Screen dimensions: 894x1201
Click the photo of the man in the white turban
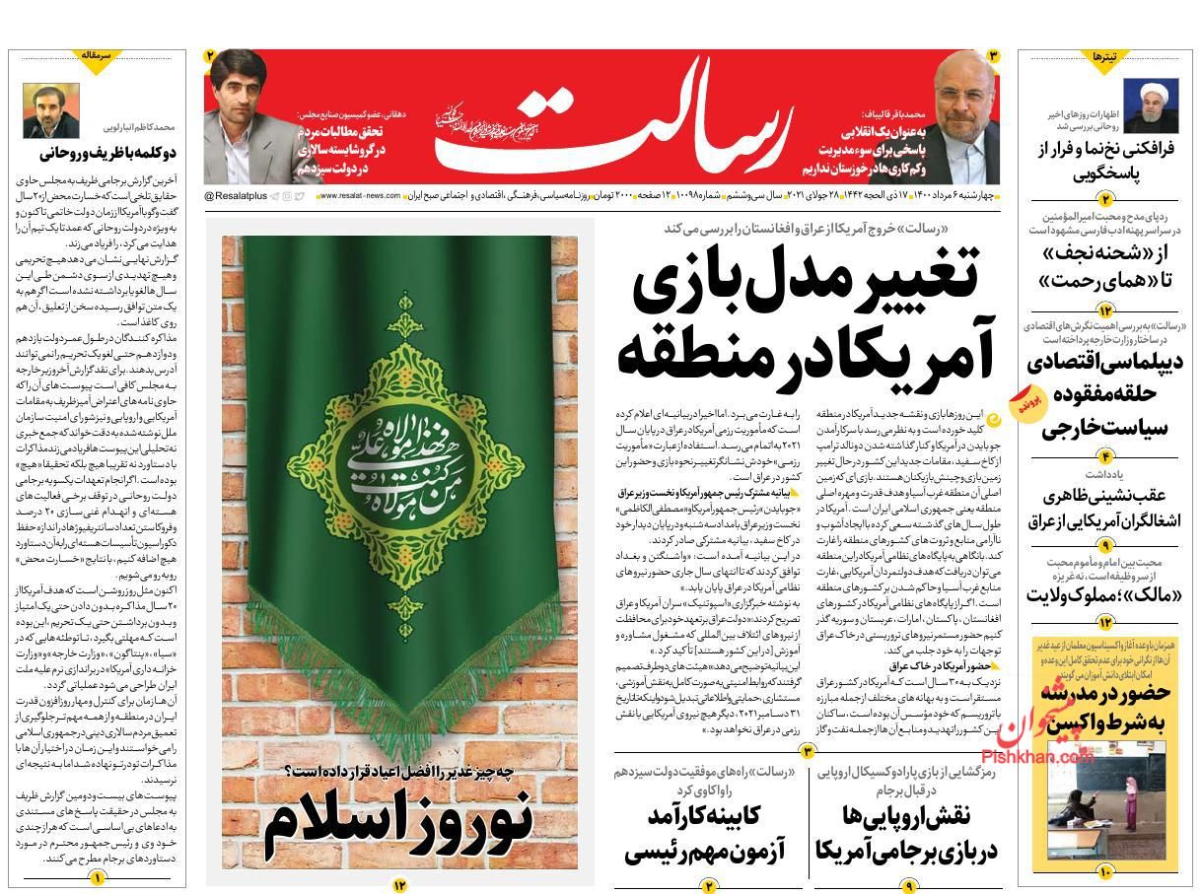pos(1150,104)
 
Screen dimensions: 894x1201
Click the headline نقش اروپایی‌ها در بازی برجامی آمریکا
pos(906,833)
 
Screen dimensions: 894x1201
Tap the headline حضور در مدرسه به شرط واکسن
pos(1104,706)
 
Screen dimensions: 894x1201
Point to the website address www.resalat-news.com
pos(357,197)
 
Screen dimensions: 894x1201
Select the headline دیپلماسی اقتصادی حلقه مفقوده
pos(1104,393)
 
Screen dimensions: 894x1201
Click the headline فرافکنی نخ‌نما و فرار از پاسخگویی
pos(1104,162)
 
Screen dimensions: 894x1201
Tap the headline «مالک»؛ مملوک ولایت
pos(1104,594)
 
